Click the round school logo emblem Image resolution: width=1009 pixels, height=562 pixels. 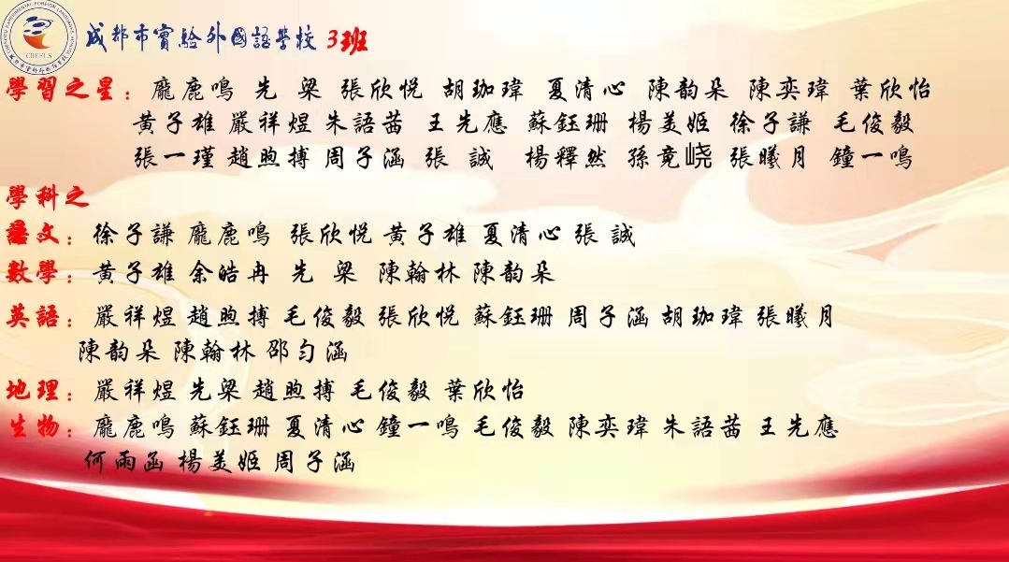pyautogui.click(x=39, y=36)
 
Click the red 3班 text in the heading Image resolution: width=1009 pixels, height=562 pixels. pyautogui.click(x=347, y=40)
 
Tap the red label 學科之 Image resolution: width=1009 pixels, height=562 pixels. pyautogui.click(x=47, y=196)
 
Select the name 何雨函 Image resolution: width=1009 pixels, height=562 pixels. pyautogui.click(x=124, y=462)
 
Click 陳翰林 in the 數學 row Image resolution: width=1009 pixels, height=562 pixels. pyautogui.click(x=419, y=274)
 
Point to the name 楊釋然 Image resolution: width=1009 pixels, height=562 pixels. pyautogui.click(x=566, y=156)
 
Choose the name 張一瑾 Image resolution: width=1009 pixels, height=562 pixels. pyautogui.click(x=174, y=156)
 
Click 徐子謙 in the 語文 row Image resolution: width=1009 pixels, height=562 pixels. pyautogui.click(x=133, y=235)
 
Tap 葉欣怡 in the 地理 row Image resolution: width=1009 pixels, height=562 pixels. pyautogui.click(x=484, y=391)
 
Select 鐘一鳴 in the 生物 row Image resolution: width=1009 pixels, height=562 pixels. pyautogui.click(x=418, y=427)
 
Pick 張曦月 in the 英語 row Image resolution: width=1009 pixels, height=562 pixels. pyautogui.click(x=796, y=317)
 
